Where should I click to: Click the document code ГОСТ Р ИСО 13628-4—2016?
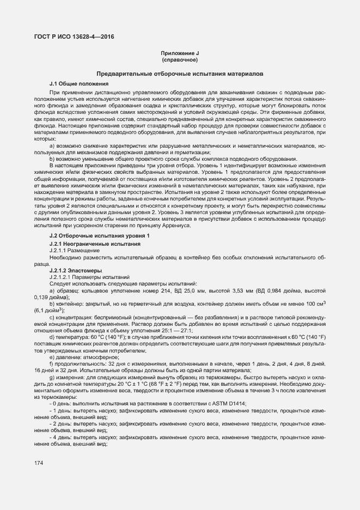click(x=71, y=37)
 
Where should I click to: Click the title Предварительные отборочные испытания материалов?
click(x=180, y=73)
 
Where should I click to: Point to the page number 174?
click(x=39, y=463)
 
